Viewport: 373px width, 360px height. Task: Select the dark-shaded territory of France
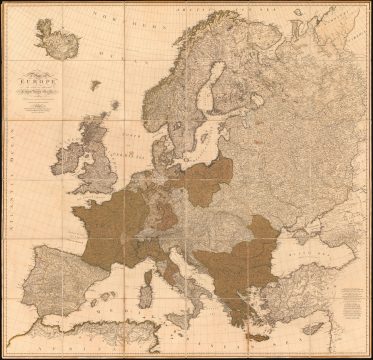110,220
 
